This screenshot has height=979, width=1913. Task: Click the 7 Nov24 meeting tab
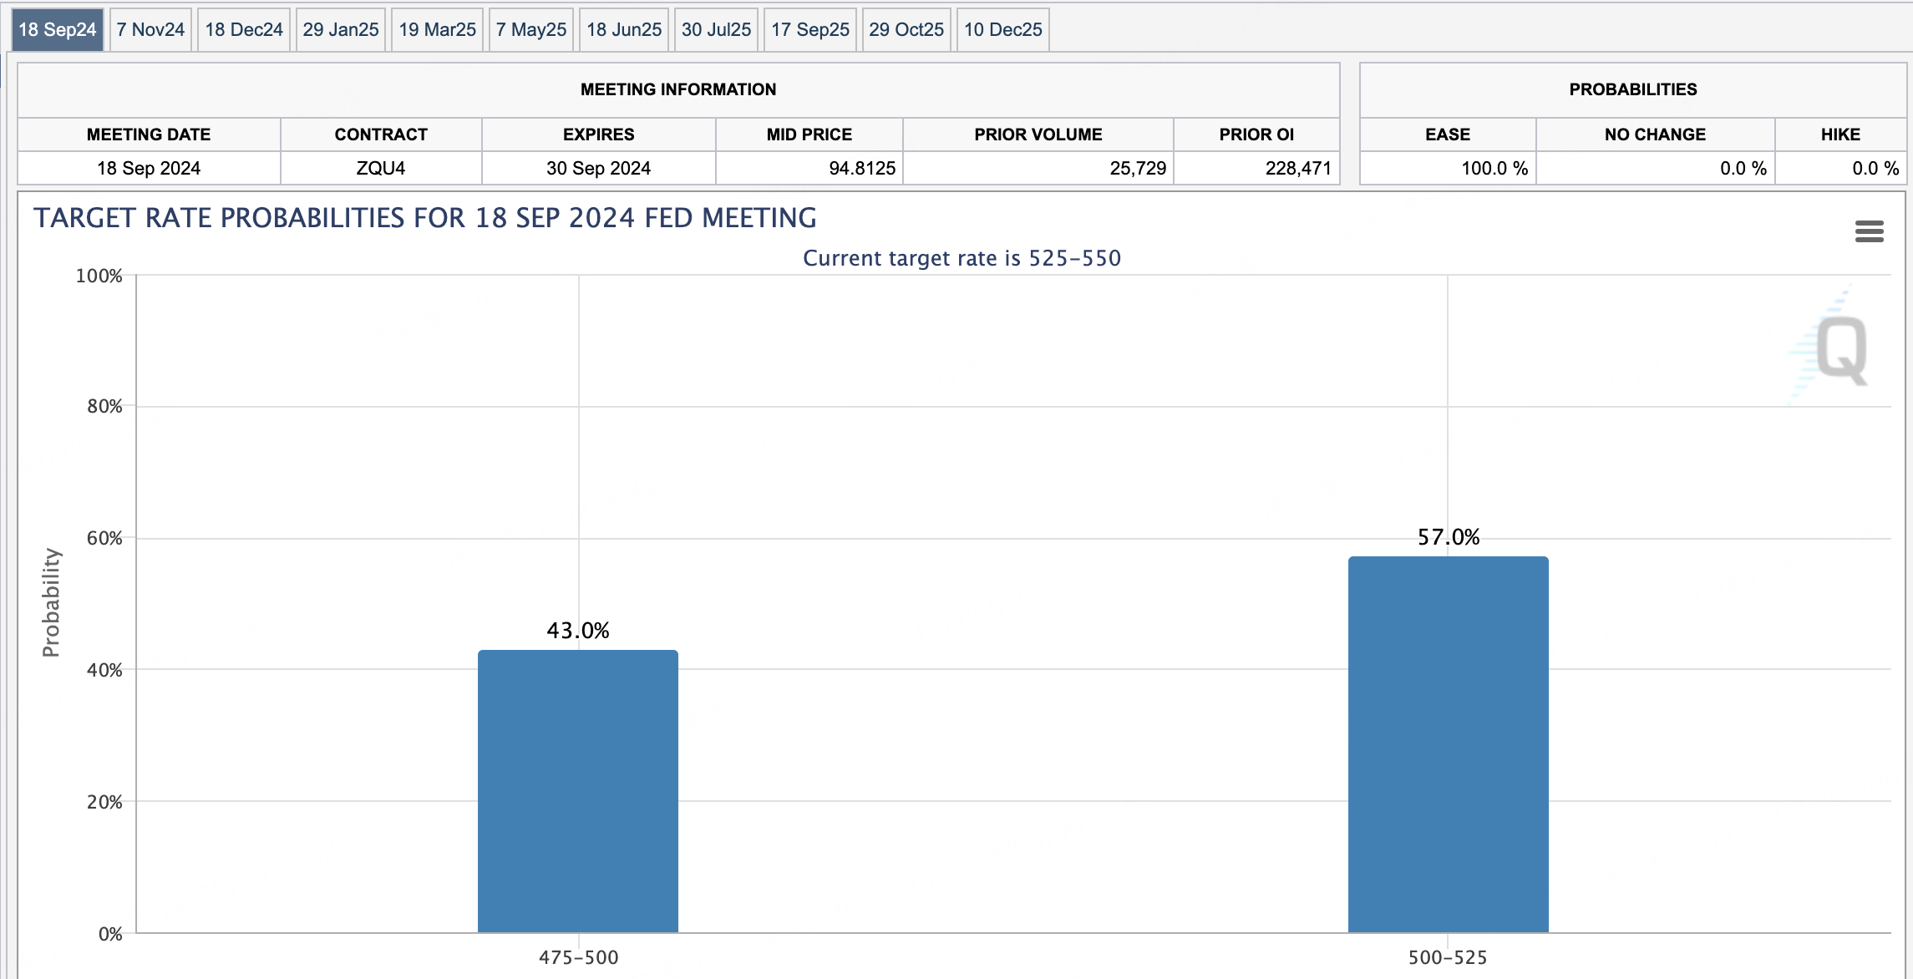(150, 30)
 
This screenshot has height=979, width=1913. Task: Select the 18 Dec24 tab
(244, 30)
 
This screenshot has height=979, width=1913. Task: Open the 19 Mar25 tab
(437, 30)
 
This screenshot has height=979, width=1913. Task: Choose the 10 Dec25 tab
(1002, 30)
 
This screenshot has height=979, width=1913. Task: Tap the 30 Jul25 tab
(716, 30)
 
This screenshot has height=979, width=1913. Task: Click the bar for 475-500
(578, 791)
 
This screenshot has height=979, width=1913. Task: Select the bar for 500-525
(1449, 744)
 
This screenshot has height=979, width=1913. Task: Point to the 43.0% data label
(578, 631)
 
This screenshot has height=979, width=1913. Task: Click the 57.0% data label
(1449, 537)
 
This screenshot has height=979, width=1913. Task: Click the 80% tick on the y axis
(104, 407)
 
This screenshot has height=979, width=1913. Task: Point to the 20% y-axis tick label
(104, 802)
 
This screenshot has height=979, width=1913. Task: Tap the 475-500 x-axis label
(578, 957)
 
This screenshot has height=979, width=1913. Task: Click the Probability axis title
(51, 602)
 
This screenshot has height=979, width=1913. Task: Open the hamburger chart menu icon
(1870, 231)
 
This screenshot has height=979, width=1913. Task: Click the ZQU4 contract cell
(381, 168)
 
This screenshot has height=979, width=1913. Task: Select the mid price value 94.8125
(861, 168)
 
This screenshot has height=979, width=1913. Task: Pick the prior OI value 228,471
(1298, 168)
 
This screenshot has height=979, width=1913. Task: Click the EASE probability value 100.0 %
(1494, 168)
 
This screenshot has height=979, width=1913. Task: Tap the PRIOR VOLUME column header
(1038, 134)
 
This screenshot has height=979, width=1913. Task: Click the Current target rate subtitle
(962, 258)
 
